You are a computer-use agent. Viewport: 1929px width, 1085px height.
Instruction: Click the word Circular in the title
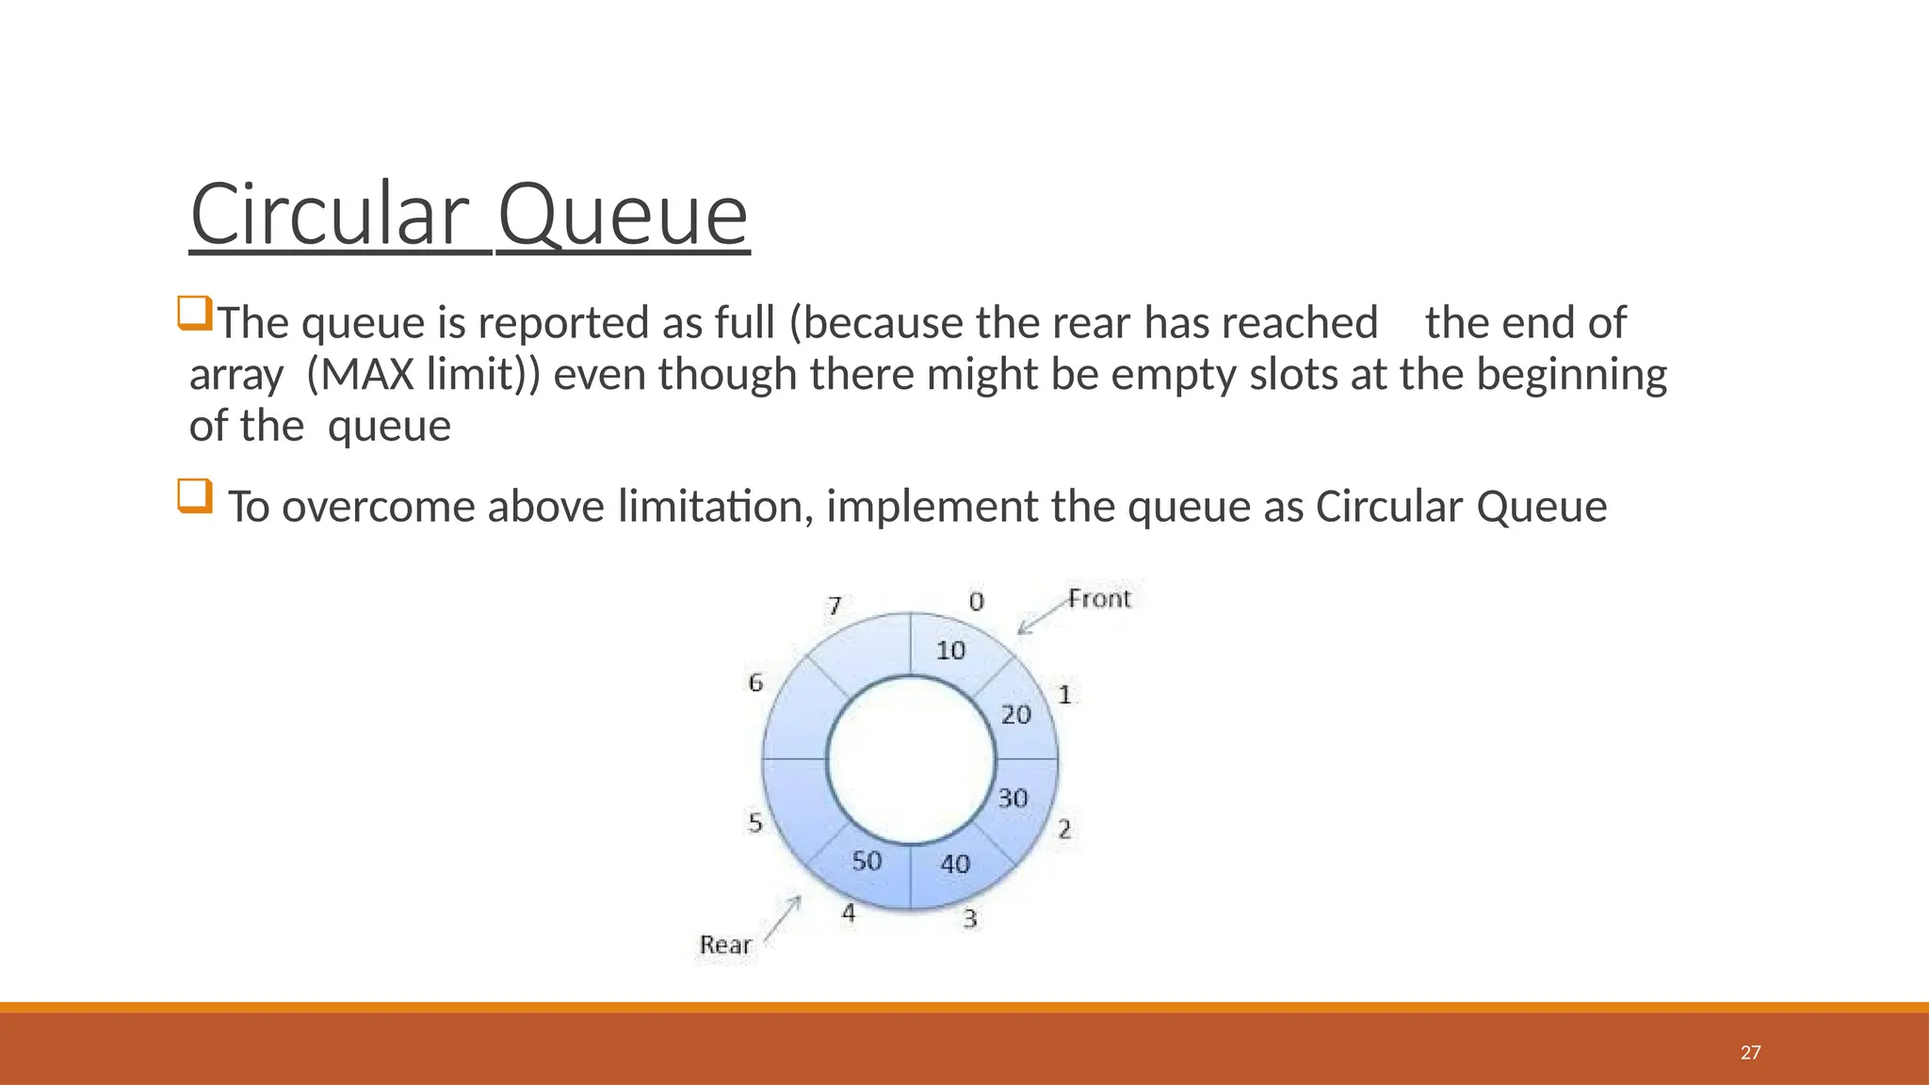329,216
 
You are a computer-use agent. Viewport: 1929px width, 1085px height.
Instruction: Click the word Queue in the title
622,216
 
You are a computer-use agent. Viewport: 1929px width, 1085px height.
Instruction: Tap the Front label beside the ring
1099,599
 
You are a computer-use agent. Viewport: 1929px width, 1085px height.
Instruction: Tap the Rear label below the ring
725,945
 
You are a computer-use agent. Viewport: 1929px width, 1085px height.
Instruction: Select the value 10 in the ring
950,650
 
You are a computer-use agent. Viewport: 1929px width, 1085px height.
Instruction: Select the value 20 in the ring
1016,715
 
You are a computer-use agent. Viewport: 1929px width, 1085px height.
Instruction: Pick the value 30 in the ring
1013,799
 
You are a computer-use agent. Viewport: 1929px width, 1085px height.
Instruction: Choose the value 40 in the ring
955,864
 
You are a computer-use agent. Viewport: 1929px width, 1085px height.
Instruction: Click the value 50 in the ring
867,861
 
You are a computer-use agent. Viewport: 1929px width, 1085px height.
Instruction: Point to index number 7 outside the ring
835,606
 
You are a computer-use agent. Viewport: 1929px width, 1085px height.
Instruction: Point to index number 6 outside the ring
755,683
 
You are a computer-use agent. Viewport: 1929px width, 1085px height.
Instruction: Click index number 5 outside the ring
755,823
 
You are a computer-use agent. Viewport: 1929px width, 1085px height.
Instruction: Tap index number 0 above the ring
977,602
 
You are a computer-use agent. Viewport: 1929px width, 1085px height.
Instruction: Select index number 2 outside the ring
1064,830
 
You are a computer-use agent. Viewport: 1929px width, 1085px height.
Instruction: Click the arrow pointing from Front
1041,617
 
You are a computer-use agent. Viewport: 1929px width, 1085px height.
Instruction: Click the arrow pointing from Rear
783,917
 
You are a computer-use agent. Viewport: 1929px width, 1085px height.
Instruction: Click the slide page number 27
1750,1053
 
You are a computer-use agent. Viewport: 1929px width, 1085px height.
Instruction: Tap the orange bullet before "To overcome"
195,495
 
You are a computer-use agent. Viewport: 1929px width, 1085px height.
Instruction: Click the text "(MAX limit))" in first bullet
424,375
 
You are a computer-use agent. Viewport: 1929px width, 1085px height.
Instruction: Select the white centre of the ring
911,760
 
